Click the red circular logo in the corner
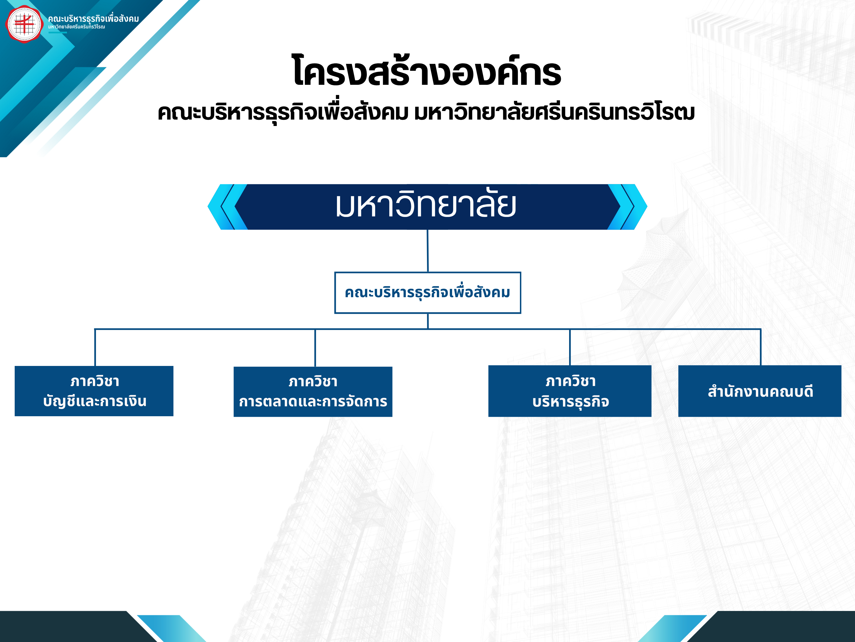click(24, 24)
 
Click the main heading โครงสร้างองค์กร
click(427, 71)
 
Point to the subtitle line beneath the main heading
click(426, 112)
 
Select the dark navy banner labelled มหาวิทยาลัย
click(427, 207)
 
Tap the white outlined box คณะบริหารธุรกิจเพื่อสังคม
click(428, 293)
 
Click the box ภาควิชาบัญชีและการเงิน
click(94, 391)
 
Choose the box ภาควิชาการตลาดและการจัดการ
click(313, 392)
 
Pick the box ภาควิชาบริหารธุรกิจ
click(570, 391)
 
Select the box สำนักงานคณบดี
click(760, 391)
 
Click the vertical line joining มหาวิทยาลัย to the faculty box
click(428, 251)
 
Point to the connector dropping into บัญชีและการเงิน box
click(95, 347)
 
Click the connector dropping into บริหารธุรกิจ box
click(570, 347)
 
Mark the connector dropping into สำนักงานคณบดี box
click(760, 347)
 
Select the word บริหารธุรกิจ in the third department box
click(570, 402)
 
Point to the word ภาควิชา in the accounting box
click(95, 381)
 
